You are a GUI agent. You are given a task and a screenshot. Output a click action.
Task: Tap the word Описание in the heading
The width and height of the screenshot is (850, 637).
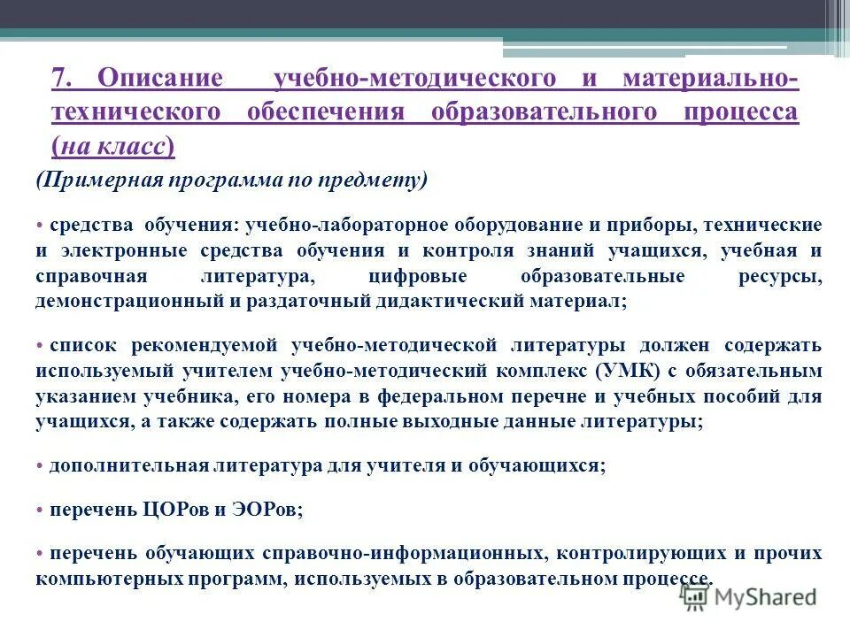[x=160, y=78]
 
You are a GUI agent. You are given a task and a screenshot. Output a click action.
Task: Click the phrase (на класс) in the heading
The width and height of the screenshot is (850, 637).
[x=112, y=147]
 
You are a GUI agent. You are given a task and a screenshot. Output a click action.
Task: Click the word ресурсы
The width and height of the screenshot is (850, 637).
[x=779, y=276]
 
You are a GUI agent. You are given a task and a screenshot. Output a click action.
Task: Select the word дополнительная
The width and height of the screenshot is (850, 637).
[x=129, y=464]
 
